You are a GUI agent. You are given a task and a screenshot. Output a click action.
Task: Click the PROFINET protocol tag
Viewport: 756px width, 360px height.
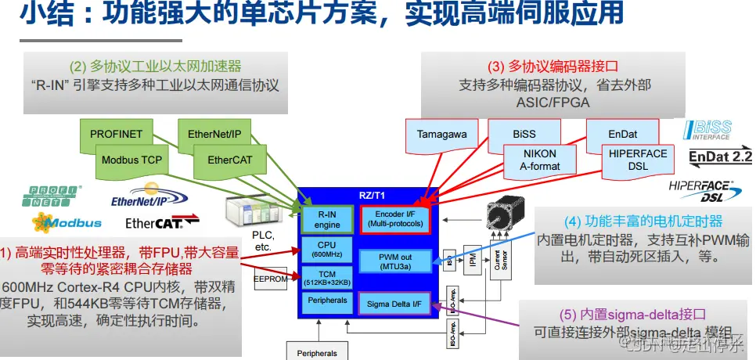click(116, 134)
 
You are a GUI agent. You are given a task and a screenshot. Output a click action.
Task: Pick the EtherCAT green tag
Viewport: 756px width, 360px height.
click(229, 160)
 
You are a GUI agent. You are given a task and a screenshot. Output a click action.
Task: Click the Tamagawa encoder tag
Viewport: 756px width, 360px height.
click(441, 134)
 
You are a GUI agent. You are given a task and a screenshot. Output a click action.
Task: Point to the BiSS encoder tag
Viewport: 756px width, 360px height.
click(524, 134)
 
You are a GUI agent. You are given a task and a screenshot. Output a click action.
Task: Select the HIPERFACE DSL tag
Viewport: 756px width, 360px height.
click(637, 160)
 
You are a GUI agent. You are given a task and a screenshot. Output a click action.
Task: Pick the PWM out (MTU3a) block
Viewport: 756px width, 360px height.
click(395, 261)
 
